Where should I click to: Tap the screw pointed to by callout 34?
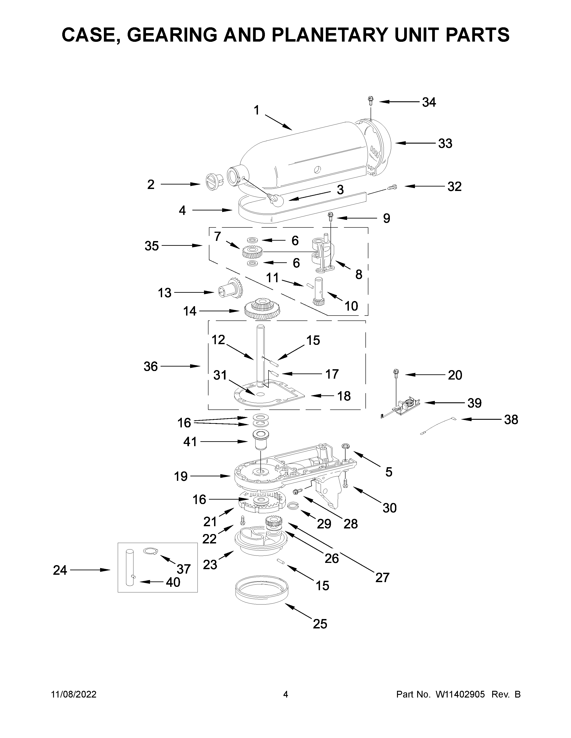point(371,100)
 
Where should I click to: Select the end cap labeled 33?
point(379,147)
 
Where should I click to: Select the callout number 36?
point(150,366)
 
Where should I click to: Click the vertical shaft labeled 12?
point(261,355)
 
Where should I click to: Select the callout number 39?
point(474,403)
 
